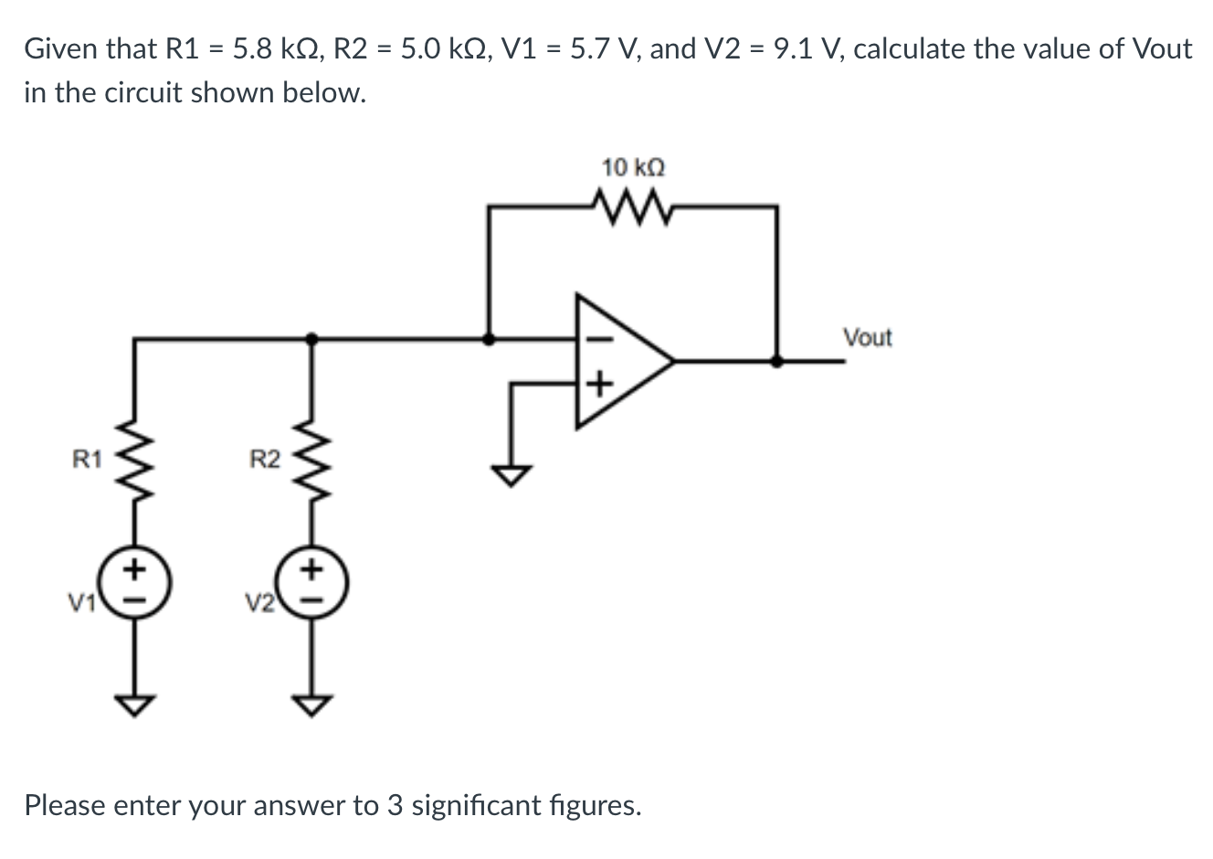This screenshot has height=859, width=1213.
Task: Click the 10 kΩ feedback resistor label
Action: point(633,168)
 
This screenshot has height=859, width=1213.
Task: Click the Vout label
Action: point(867,338)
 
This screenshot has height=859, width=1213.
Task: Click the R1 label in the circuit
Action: point(87,460)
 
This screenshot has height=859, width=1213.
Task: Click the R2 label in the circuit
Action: point(265,460)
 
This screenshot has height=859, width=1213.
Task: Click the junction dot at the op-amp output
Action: point(776,361)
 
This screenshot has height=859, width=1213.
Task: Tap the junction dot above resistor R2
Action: point(312,338)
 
